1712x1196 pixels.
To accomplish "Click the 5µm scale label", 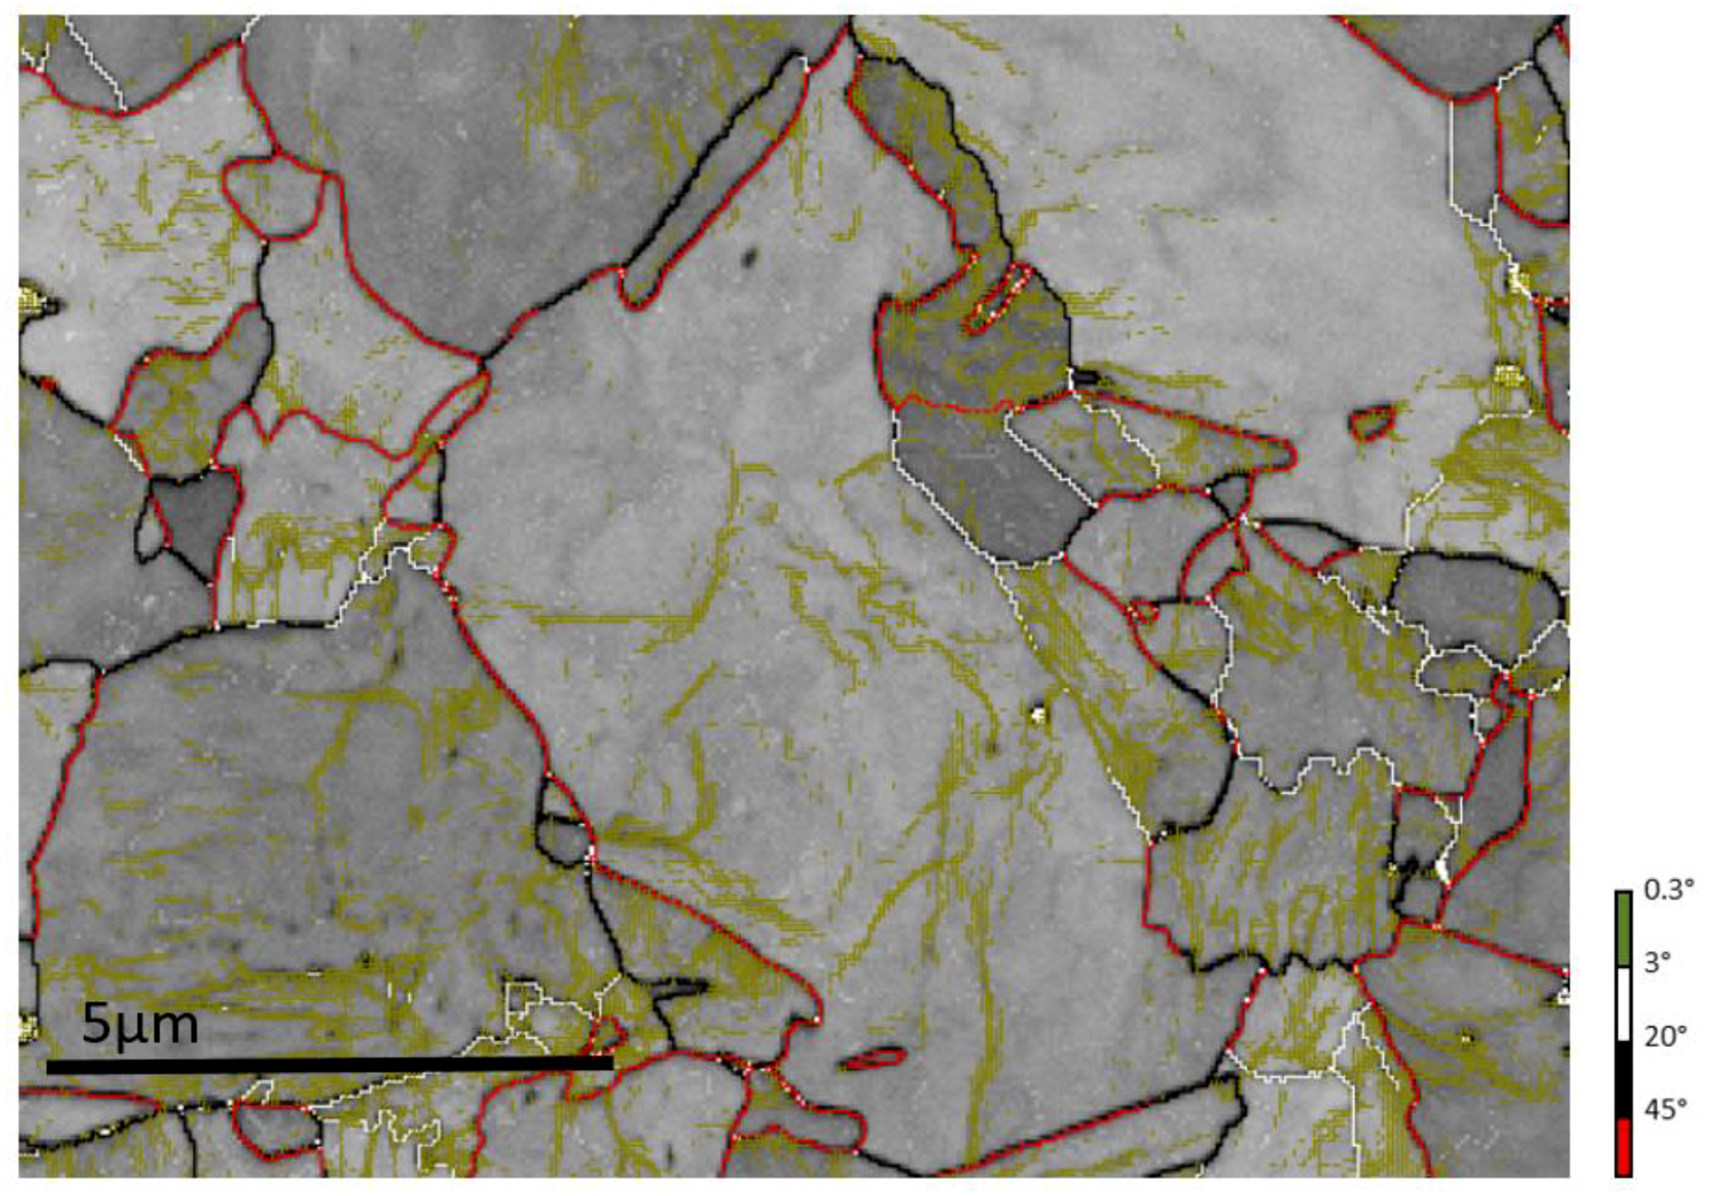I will click(x=140, y=1025).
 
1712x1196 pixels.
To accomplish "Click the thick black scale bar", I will click(x=329, y=1066).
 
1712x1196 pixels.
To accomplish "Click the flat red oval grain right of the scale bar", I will click(x=874, y=1058).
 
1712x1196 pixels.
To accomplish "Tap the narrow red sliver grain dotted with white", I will click(x=996, y=302).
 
